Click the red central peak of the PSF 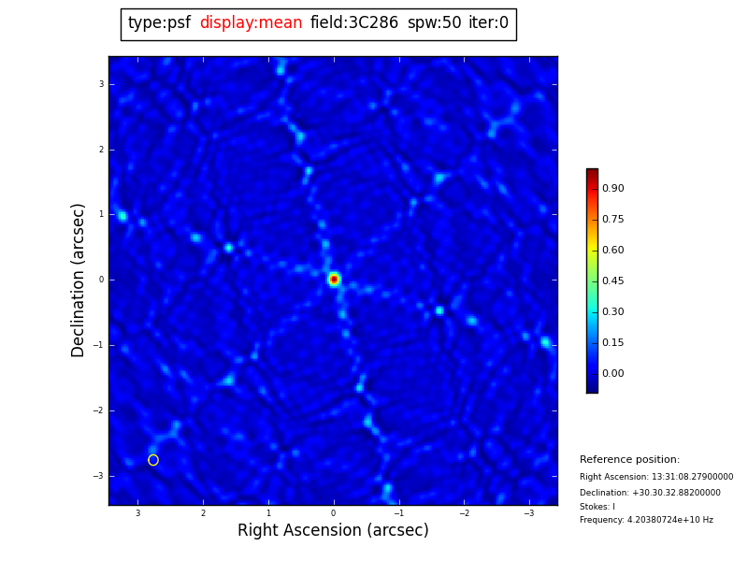334,280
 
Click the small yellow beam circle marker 153,460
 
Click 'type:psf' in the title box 159,23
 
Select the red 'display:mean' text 251,23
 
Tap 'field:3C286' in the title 353,23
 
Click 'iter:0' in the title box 488,23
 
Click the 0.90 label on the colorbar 612,189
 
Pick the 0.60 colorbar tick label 612,251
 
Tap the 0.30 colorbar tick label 612,312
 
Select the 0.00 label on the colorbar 612,374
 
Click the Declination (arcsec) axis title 79,280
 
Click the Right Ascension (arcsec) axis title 333,531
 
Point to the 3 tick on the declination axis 101,84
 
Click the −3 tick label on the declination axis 99,476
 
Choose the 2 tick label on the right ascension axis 203,513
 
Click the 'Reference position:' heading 629,460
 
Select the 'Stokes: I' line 597,507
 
